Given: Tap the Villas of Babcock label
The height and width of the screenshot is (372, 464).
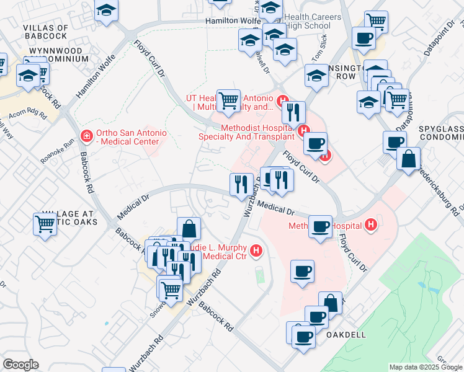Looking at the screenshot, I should coord(45,32).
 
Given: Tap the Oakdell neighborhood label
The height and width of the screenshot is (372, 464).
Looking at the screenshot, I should coord(346,334).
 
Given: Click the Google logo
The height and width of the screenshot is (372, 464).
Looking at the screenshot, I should coord(20,364).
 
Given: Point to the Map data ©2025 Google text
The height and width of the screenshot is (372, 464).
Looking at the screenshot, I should coord(425,367).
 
